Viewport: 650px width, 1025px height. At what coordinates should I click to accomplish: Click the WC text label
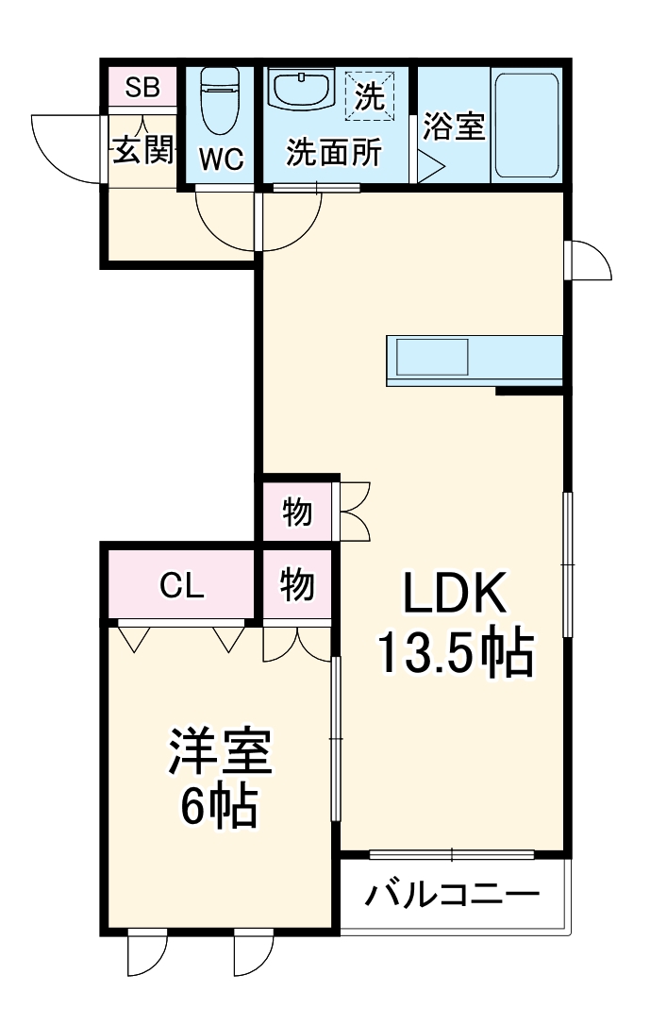click(222, 160)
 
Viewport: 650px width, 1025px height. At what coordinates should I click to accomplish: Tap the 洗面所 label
click(335, 153)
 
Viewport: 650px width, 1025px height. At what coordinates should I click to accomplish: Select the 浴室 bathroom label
click(454, 127)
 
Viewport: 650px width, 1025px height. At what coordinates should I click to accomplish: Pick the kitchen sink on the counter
click(431, 359)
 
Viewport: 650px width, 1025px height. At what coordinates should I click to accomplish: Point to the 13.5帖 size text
click(457, 653)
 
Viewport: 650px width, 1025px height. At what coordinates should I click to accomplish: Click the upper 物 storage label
click(297, 513)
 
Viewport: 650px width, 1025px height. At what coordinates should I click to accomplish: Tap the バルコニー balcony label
click(454, 894)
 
